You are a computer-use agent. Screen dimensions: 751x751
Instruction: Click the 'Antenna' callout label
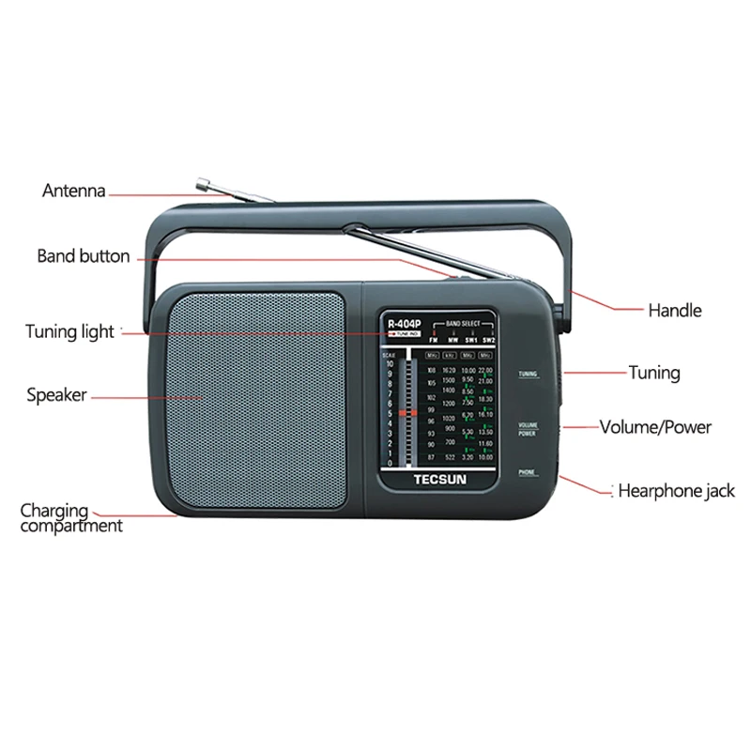73,191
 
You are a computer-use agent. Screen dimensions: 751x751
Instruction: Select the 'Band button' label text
84,255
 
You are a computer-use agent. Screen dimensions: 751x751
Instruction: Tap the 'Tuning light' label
69,330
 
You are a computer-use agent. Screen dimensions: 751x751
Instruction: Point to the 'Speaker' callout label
56,395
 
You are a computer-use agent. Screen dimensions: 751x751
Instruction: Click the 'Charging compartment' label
70,518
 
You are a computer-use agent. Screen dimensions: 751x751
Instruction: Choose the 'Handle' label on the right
674,310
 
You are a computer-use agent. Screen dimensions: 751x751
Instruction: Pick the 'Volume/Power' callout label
655,427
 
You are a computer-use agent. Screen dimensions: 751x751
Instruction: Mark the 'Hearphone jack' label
676,490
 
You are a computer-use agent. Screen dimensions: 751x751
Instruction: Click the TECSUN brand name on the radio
441,474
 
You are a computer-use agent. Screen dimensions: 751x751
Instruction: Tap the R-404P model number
405,325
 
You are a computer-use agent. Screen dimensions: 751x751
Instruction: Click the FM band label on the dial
433,340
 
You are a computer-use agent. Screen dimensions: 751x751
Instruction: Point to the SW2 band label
487,340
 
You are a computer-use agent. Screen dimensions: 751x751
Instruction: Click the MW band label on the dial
452,340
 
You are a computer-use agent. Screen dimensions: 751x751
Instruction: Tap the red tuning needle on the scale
406,412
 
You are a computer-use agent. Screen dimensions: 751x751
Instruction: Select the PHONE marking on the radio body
527,472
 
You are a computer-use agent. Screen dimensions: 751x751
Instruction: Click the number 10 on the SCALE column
389,363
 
